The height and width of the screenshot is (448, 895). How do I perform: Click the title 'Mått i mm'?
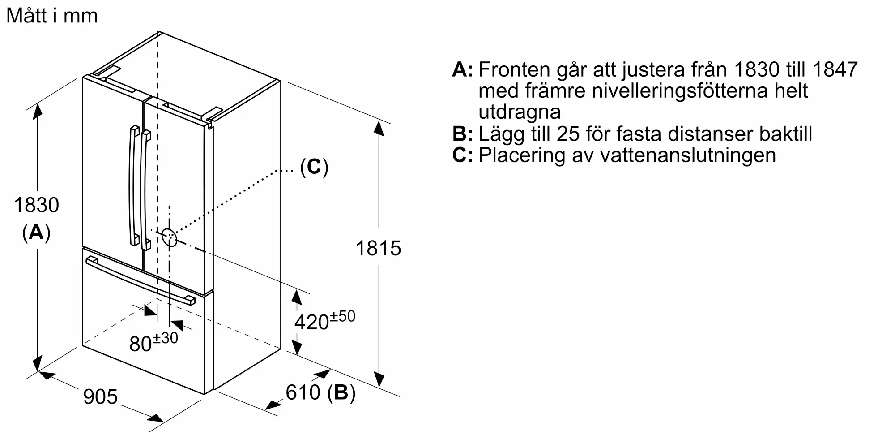click(x=52, y=16)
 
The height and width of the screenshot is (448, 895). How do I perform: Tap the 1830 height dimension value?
click(x=36, y=205)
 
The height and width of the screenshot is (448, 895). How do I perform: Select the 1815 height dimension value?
click(x=378, y=248)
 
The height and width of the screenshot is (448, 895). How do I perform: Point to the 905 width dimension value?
click(x=100, y=396)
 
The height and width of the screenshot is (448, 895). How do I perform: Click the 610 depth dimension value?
click(x=303, y=392)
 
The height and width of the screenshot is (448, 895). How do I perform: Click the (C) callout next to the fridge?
click(x=314, y=167)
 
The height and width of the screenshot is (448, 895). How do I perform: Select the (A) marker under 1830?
click(x=36, y=232)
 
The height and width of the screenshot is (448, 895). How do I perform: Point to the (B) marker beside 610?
click(x=341, y=393)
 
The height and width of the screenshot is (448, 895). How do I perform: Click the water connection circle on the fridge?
click(x=169, y=237)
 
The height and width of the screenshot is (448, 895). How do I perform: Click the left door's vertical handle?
click(x=133, y=186)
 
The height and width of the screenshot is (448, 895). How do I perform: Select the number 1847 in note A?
click(x=834, y=69)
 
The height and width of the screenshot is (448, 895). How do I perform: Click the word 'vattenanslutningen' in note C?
click(x=688, y=155)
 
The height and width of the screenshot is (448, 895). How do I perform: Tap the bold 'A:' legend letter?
click(x=462, y=70)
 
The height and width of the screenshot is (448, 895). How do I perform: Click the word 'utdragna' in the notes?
click(x=519, y=112)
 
